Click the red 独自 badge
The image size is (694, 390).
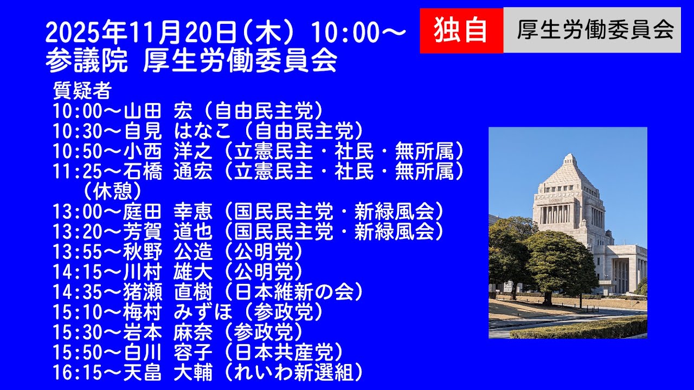click(461, 30)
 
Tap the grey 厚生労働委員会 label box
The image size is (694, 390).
click(592, 30)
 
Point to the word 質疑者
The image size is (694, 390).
click(82, 90)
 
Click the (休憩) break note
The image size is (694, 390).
click(112, 191)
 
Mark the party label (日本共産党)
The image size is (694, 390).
click(285, 352)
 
